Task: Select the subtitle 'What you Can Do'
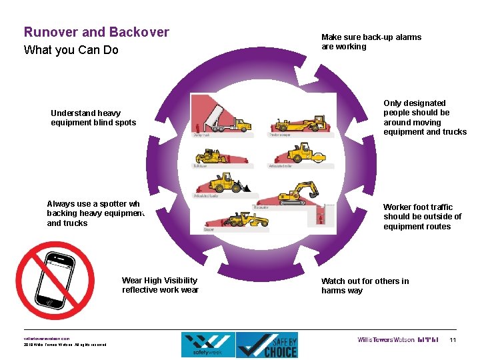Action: pyautogui.click(x=71, y=50)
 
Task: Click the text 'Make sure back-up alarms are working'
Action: pyautogui.click(x=371, y=42)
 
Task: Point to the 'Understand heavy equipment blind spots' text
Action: pyautogui.click(x=93, y=117)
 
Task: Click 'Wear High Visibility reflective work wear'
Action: pyautogui.click(x=160, y=285)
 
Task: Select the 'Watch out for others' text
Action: pyautogui.click(x=365, y=285)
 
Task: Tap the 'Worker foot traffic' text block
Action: pyautogui.click(x=422, y=217)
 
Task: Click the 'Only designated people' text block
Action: pyautogui.click(x=425, y=117)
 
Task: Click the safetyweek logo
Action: pyautogui.click(x=208, y=345)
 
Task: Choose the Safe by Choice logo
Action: pyautogui.click(x=267, y=345)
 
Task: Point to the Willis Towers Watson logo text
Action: pyautogui.click(x=386, y=340)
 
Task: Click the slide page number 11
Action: pyautogui.click(x=453, y=341)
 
